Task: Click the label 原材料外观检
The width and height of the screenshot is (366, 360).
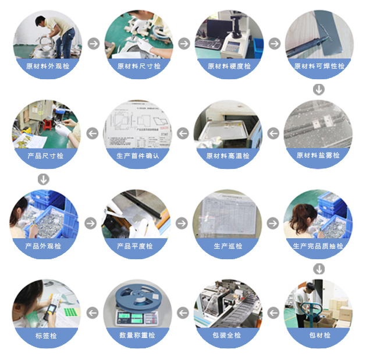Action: [48, 66]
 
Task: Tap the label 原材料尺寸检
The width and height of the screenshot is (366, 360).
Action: [138, 66]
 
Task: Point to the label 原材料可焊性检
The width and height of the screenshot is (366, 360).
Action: [319, 66]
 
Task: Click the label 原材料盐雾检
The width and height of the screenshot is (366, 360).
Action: [318, 156]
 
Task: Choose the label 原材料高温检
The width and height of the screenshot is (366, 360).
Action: [228, 156]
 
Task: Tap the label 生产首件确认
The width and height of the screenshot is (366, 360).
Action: [137, 156]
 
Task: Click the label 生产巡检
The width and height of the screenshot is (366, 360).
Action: [228, 246]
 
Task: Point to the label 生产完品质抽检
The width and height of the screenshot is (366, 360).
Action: [318, 246]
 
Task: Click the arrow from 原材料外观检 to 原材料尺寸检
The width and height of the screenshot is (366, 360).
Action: [93, 44]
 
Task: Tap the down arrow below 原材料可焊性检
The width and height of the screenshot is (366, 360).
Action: [318, 90]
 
